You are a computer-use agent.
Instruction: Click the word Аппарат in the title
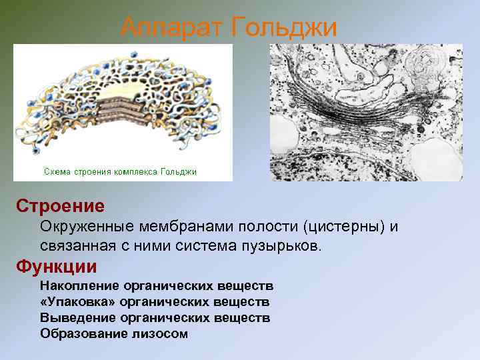click(171, 27)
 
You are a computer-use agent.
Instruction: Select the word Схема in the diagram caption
click(58, 172)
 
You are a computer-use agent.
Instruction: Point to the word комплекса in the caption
click(138, 172)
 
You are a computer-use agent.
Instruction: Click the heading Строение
click(60, 206)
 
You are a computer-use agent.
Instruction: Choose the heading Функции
click(57, 267)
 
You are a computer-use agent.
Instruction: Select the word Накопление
click(77, 286)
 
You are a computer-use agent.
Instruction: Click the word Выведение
click(76, 318)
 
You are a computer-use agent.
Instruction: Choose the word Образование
click(82, 333)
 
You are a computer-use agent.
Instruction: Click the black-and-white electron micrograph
click(366, 112)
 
